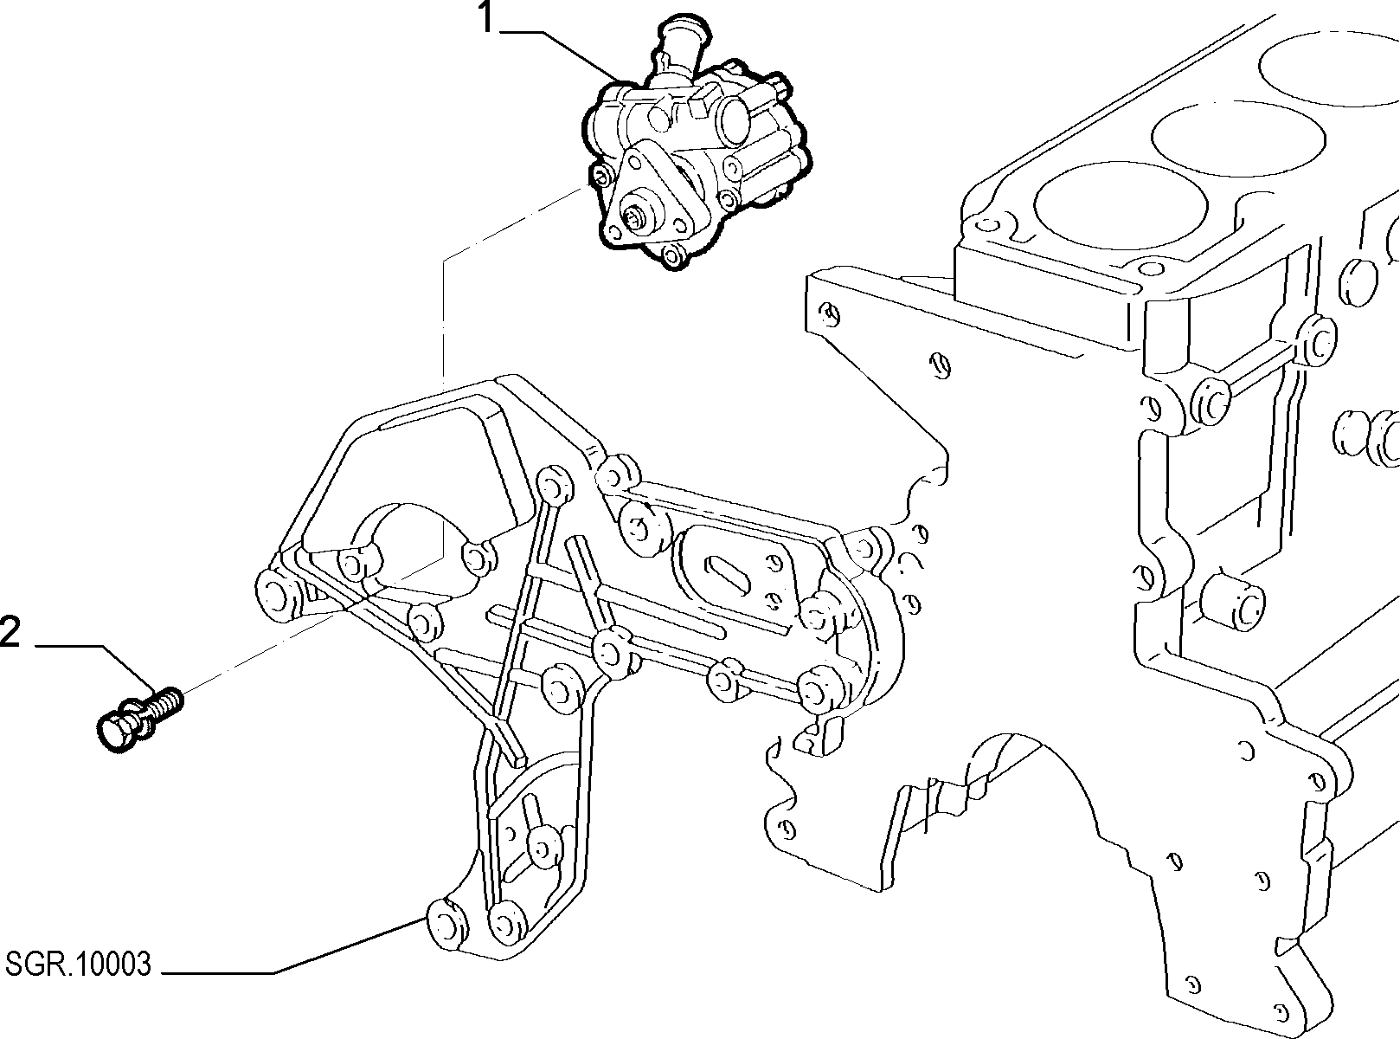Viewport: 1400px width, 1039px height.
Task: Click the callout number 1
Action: click(x=486, y=17)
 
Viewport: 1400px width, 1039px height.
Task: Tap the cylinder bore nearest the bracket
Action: click(x=1121, y=205)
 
